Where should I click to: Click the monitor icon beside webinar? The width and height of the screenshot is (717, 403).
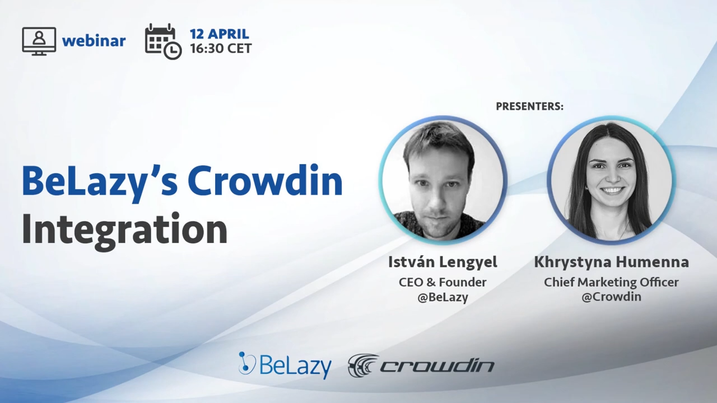[39, 41]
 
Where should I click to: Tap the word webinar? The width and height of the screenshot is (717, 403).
[94, 41]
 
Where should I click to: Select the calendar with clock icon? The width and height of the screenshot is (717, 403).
[162, 41]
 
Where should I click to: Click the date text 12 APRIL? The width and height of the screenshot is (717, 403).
[219, 34]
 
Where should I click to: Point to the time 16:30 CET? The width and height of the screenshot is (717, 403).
[220, 49]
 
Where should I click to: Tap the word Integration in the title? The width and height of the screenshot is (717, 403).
[124, 229]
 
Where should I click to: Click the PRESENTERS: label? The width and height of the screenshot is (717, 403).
[529, 106]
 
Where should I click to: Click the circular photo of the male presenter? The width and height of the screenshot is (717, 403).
[443, 180]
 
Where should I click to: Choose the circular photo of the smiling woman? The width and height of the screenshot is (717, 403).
[611, 180]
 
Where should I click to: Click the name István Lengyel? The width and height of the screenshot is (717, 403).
[443, 262]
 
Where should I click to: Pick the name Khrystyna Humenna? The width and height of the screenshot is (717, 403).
[611, 262]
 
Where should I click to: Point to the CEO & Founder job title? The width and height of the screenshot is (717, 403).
[443, 282]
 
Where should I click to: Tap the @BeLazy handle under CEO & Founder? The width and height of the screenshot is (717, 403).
[443, 297]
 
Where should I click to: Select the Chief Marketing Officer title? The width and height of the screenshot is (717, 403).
[611, 282]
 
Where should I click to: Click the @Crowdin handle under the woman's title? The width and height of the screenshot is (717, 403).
[611, 297]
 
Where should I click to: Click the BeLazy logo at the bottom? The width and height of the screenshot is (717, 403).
[285, 365]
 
